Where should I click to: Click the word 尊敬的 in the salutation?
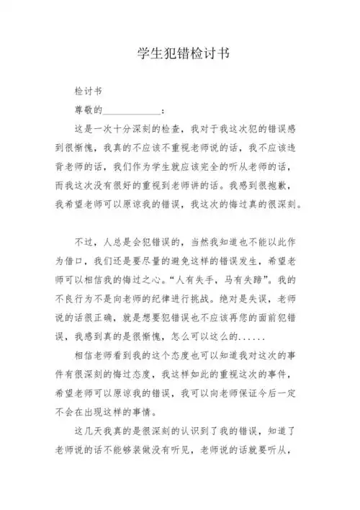[89, 111]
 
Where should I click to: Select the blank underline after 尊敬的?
[132, 112]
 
